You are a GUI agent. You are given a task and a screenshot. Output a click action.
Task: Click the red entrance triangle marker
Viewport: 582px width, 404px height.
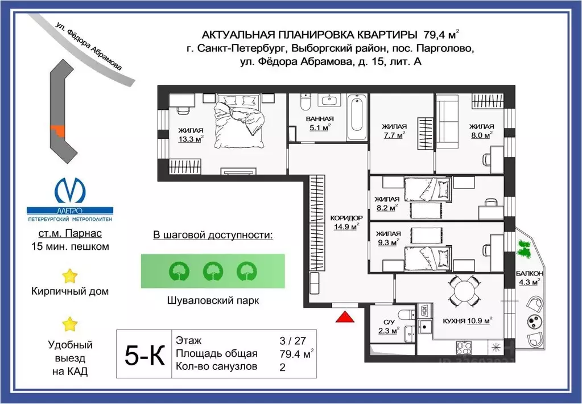[345, 316]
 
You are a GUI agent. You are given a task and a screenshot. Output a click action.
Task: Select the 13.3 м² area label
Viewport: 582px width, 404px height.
[191, 139]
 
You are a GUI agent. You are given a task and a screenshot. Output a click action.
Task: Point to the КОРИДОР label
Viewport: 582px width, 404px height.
[346, 218]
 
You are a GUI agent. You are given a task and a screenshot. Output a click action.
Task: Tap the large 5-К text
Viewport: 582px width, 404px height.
[145, 354]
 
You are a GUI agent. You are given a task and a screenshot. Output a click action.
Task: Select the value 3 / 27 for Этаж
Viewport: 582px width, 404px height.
[292, 340]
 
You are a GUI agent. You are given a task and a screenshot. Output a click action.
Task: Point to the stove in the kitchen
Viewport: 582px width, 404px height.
[464, 348]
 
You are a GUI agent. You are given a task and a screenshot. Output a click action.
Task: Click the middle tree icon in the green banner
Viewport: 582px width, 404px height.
[213, 271]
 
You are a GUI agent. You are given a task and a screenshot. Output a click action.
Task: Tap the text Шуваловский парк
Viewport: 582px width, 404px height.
[213, 300]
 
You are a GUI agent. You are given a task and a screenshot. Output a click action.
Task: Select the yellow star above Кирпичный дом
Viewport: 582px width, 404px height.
[70, 276]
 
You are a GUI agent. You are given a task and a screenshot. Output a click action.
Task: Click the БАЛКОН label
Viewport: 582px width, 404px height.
[529, 273]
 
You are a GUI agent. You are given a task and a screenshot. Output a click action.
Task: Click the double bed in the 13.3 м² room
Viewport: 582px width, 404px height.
[239, 121]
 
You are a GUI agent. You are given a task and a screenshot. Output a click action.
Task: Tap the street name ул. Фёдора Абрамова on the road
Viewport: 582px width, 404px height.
[88, 46]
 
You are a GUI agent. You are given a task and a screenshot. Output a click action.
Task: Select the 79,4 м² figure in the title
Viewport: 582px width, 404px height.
[441, 35]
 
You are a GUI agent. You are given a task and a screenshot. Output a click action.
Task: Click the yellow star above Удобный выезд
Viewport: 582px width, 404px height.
[70, 324]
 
